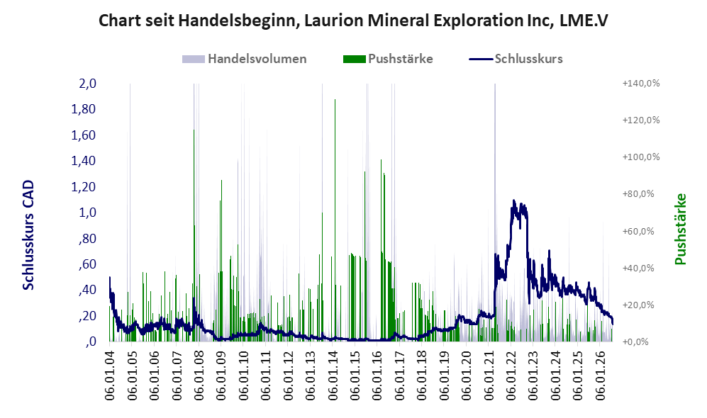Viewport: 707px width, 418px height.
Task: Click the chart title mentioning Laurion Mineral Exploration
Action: pyautogui.click(x=353, y=21)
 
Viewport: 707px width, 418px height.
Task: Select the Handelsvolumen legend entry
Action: pyautogui.click(x=245, y=59)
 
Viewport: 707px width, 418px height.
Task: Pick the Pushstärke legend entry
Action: pyautogui.click(x=388, y=59)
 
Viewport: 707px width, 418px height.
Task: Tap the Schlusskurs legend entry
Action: pyautogui.click(x=516, y=59)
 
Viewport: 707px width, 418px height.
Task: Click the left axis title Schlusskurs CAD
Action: pyautogui.click(x=28, y=235)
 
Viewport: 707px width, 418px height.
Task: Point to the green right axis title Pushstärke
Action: pyautogui.click(x=680, y=229)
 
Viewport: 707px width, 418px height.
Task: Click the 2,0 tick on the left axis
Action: pyautogui.click(x=87, y=84)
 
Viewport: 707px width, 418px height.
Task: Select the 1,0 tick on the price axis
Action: pyautogui.click(x=87, y=212)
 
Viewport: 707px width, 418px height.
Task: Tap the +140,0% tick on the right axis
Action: pyautogui.click(x=641, y=84)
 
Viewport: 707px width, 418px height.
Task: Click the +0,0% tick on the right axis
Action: pyautogui.click(x=636, y=341)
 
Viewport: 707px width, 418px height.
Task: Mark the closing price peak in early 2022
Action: pyautogui.click(x=513, y=200)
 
